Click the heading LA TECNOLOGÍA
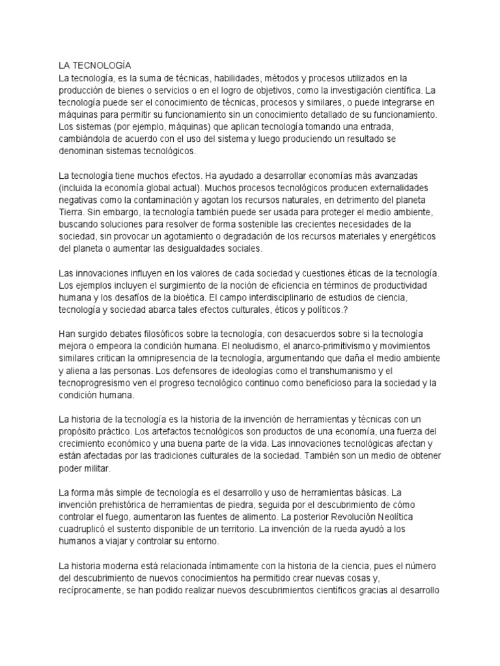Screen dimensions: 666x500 coord(95,66)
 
